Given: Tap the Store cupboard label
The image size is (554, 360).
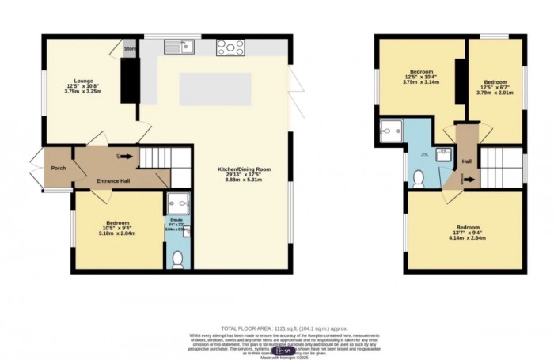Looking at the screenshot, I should click(130, 49).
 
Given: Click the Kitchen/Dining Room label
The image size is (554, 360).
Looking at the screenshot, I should click(245, 170).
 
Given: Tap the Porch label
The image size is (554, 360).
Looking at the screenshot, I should click(58, 168).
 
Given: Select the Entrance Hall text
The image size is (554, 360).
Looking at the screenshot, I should click(108, 182).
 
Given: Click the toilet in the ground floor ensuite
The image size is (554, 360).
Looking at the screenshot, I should click(177, 257).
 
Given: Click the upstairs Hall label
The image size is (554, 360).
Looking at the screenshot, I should click(467, 161).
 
